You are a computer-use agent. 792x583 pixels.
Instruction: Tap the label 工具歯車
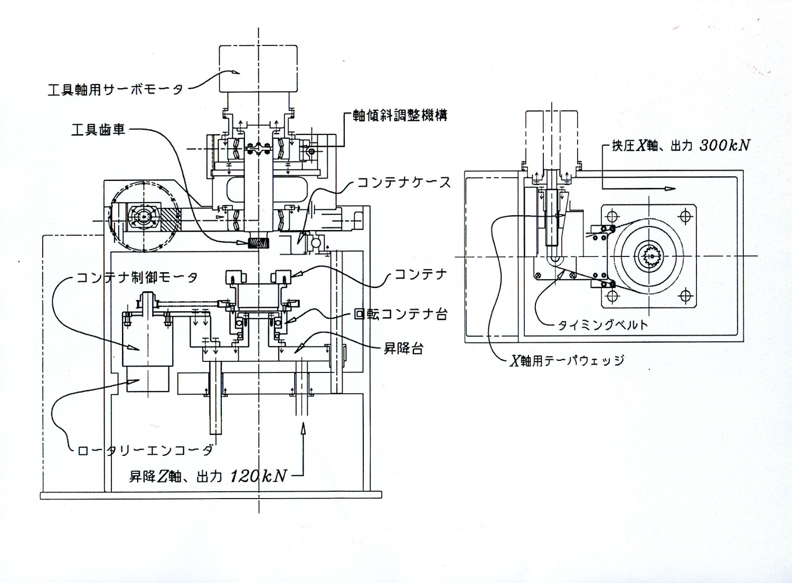(98, 130)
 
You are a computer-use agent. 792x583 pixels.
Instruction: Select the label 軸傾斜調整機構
(400, 116)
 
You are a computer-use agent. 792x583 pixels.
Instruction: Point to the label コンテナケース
(404, 183)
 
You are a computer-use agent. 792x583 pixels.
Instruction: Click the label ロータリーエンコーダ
(145, 450)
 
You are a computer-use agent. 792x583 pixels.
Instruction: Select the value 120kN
(258, 476)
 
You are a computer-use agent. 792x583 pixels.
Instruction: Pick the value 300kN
(725, 146)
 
